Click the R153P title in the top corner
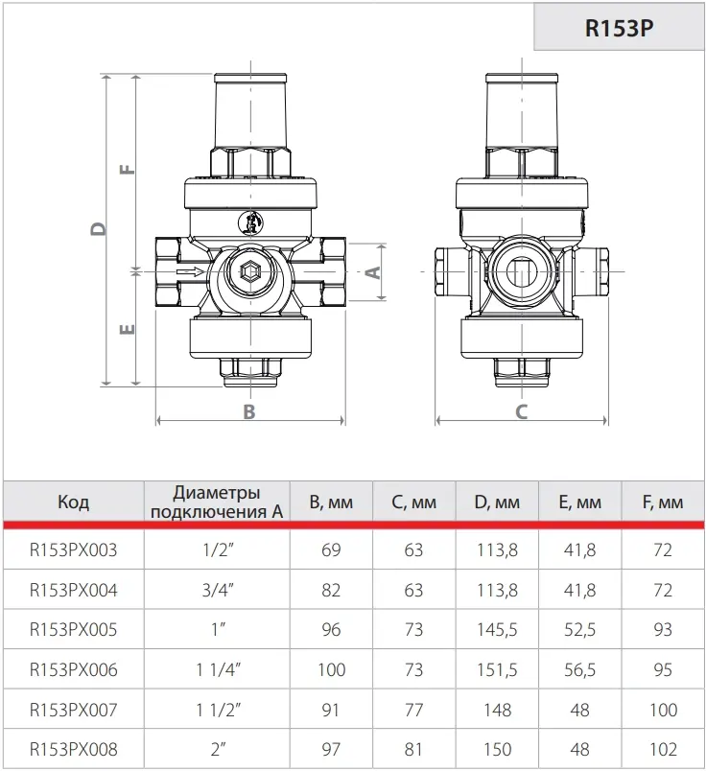[619, 28]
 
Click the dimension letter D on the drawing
[99, 229]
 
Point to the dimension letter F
[128, 169]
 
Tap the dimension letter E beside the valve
[128, 329]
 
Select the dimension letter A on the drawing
[373, 272]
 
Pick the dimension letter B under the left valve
[249, 411]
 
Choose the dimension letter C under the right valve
[522, 411]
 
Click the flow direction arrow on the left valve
[189, 271]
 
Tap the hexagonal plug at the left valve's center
[249, 271]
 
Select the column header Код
[73, 502]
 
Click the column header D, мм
[497, 502]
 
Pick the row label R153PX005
[73, 629]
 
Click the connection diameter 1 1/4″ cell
[218, 669]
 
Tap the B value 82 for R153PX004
[331, 590]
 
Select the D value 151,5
[497, 669]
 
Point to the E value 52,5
[580, 629]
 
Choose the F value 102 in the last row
[663, 749]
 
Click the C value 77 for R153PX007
[413, 710]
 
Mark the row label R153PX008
[73, 749]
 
